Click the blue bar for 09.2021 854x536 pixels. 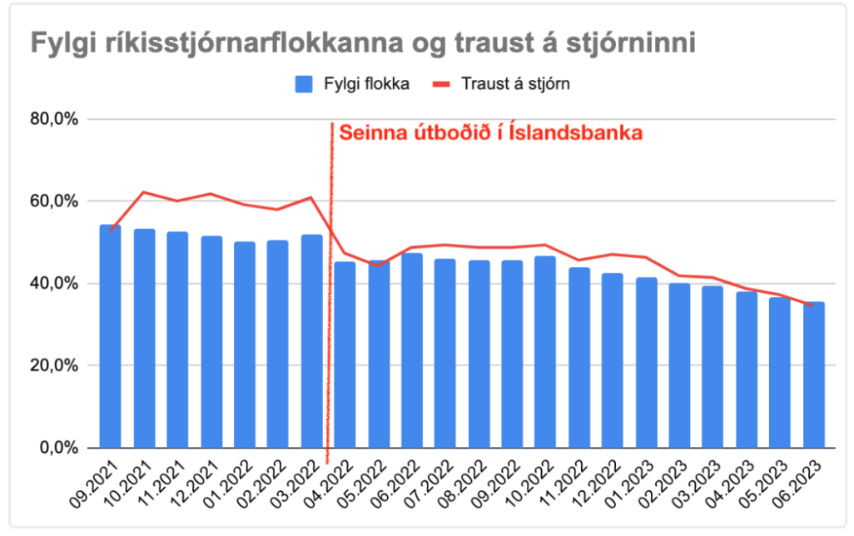[x=110, y=337]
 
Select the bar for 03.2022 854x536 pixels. [x=311, y=342]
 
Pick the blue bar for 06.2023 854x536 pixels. [x=813, y=375]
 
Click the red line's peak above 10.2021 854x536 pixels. [x=144, y=192]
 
